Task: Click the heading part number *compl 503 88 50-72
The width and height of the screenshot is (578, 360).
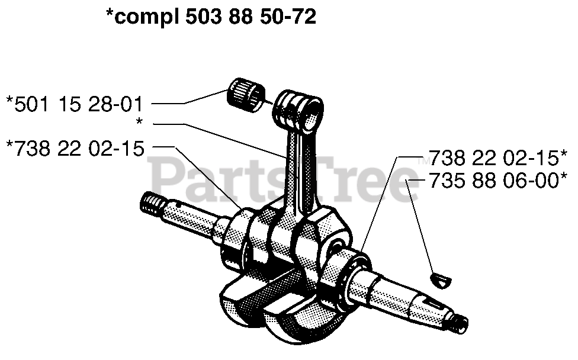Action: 210,18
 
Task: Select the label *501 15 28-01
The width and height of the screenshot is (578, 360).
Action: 75,104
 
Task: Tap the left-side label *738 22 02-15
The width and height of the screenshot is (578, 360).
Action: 75,147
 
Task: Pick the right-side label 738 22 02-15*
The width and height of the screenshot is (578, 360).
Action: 494,158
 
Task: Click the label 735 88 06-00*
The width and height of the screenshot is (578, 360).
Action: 494,181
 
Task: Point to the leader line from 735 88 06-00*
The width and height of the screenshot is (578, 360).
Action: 420,225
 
